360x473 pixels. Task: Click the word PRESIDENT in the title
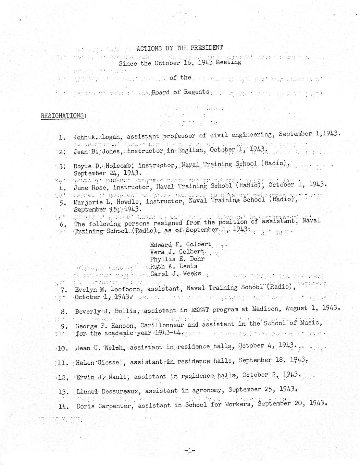206,48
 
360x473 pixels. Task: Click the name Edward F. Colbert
181,245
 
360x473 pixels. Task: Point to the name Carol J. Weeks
176,274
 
